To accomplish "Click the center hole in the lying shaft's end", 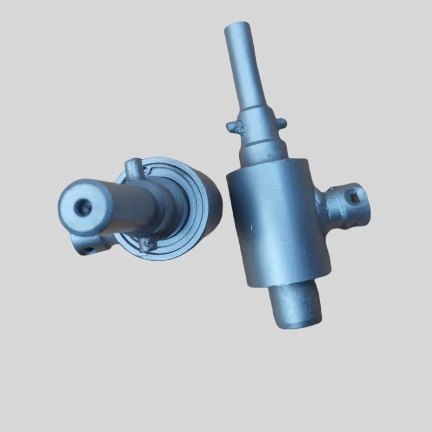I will tap(84, 206).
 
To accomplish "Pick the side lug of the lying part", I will tap(86, 244).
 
